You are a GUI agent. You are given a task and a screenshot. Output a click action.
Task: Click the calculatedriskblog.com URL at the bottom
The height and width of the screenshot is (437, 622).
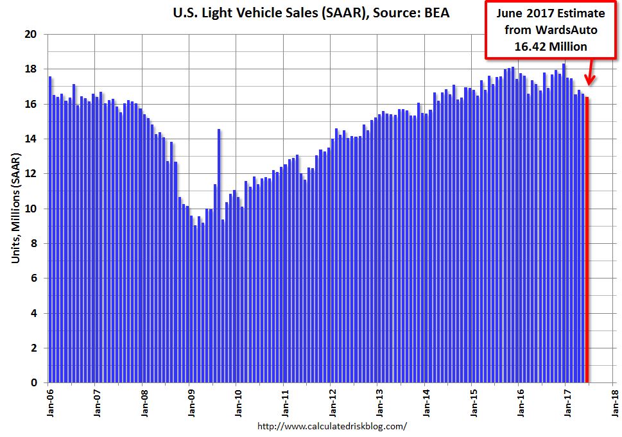pyautogui.click(x=332, y=426)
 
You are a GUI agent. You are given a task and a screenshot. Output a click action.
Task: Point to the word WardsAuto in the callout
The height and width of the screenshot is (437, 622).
pyautogui.click(x=569, y=30)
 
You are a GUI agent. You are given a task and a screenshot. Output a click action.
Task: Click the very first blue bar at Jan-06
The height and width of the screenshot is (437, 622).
pyautogui.click(x=50, y=231)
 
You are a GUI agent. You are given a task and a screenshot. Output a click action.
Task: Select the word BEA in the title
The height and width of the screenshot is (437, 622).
pyautogui.click(x=435, y=12)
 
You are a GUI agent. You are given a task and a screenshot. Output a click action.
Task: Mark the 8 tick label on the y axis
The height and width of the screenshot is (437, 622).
pyautogui.click(x=33, y=244)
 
